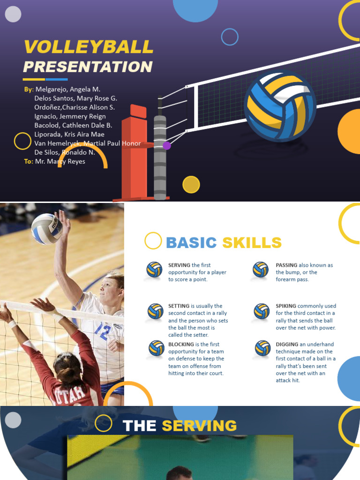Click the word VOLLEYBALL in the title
(x=89, y=47)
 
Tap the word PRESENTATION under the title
(x=88, y=67)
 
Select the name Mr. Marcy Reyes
(x=60, y=161)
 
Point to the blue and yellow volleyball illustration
(x=280, y=105)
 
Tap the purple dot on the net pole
(x=166, y=146)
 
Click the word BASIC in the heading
(x=191, y=243)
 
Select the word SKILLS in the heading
(x=252, y=243)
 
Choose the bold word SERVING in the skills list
(x=179, y=265)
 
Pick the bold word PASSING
(x=286, y=265)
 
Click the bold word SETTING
(x=179, y=306)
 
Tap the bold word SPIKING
(x=286, y=306)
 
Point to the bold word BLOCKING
(x=181, y=345)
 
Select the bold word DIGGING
(x=286, y=345)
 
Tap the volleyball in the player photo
(x=46, y=229)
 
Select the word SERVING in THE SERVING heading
(x=199, y=426)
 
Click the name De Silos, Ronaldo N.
(x=65, y=152)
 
